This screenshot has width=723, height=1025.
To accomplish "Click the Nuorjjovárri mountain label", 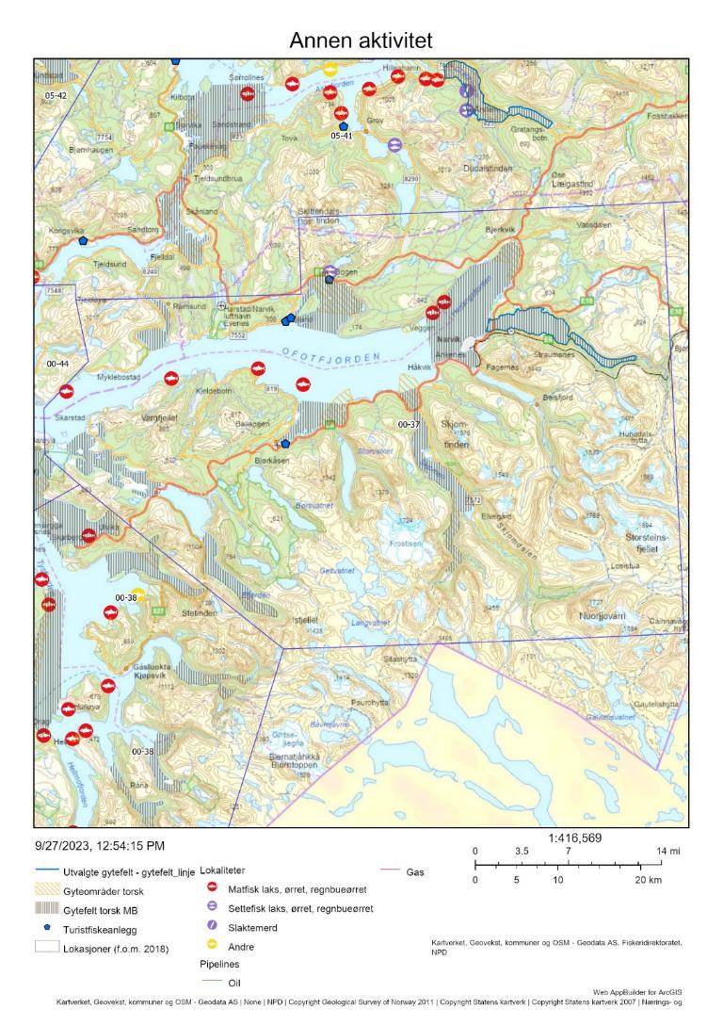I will click(x=607, y=615).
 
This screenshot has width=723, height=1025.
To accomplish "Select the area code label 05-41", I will click(x=341, y=136).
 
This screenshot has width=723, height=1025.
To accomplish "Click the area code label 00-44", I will click(x=58, y=363).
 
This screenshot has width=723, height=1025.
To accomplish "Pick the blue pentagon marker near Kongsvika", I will click(x=83, y=241).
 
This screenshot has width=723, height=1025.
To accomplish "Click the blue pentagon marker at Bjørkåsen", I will click(x=285, y=444).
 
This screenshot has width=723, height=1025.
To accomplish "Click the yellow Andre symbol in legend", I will click(x=213, y=944).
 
